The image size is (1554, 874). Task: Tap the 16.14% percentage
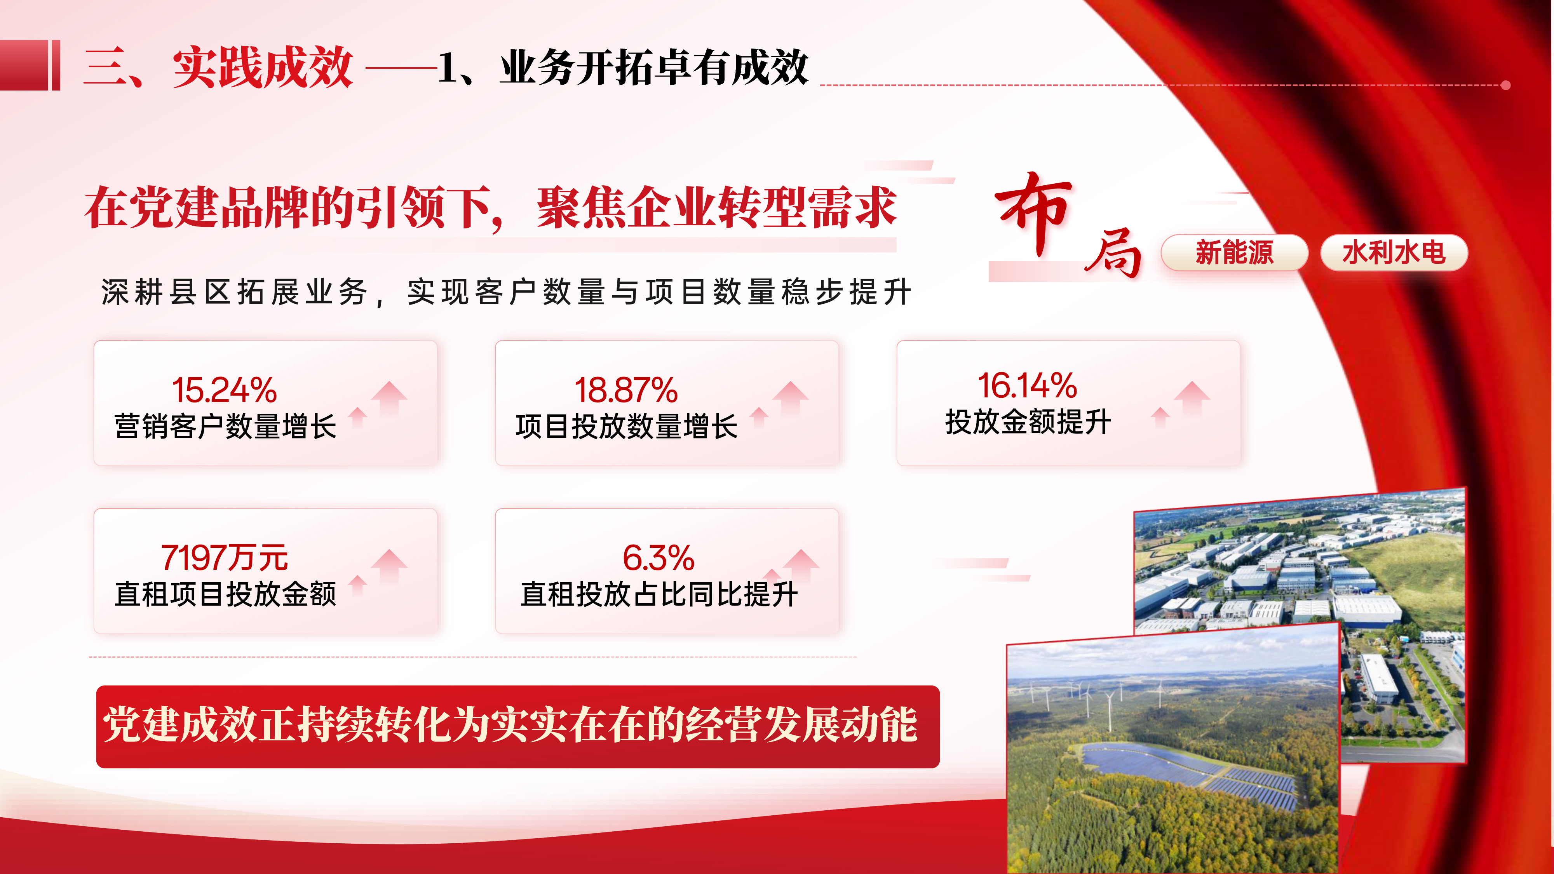1027,385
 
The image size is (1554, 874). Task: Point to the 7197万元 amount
225,557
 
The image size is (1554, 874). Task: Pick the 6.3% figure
659,557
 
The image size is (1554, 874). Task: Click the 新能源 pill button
1234,252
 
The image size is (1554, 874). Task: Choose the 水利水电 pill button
1394,252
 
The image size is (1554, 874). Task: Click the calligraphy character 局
1113,253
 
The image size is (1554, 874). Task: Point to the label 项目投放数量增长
627,427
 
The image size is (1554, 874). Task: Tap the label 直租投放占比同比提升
659,594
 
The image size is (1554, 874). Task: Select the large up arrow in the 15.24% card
389,398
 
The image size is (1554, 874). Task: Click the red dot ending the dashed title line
1506,85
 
